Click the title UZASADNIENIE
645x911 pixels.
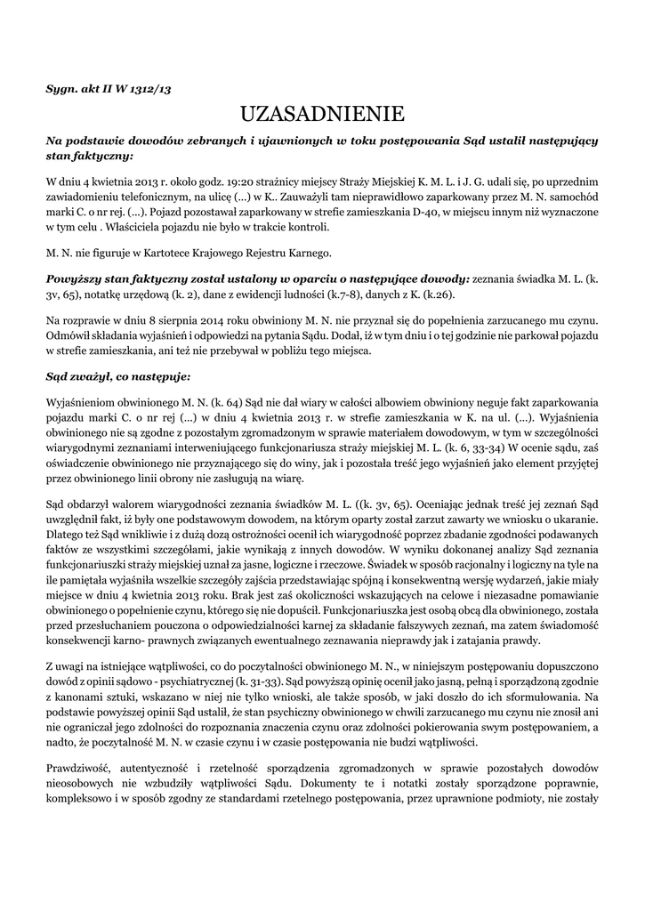click(x=322, y=113)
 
